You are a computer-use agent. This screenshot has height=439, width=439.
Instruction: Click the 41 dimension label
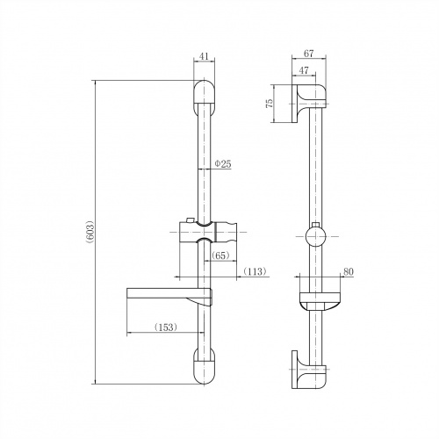point(204,56)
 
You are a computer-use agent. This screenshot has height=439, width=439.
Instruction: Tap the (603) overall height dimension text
point(90,232)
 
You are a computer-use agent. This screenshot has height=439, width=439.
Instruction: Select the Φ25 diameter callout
point(223,164)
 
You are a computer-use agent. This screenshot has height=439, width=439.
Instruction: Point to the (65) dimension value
point(220,255)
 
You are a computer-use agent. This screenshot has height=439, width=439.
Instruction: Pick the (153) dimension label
point(166,327)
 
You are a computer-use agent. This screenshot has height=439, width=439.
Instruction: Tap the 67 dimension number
point(308,54)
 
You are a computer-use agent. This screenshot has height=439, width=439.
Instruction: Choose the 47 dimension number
point(304,70)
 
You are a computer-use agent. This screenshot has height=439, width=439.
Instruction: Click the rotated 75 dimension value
point(269,104)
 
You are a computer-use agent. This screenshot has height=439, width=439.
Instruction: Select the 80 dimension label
point(349,271)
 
